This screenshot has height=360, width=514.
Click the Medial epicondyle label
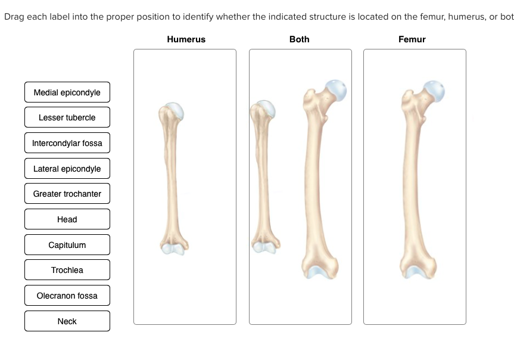(x=67, y=92)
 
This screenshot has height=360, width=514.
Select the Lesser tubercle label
(x=67, y=117)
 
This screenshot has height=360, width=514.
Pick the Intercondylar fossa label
(x=67, y=143)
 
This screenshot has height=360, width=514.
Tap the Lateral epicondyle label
(x=67, y=169)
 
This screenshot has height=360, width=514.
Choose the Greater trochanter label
(x=67, y=194)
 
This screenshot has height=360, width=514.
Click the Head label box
(x=67, y=219)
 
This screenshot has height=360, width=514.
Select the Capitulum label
(x=67, y=245)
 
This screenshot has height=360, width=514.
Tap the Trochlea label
(x=67, y=270)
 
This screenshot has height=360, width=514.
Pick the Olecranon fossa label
(x=67, y=296)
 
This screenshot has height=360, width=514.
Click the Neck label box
(x=67, y=321)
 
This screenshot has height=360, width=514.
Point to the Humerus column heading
(x=186, y=39)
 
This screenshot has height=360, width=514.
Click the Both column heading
(x=300, y=39)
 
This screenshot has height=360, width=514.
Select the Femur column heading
(x=412, y=39)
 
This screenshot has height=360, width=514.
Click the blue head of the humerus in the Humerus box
(x=175, y=110)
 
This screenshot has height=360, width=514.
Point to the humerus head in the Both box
(x=266, y=108)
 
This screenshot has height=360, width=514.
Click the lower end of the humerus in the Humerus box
(x=174, y=247)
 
